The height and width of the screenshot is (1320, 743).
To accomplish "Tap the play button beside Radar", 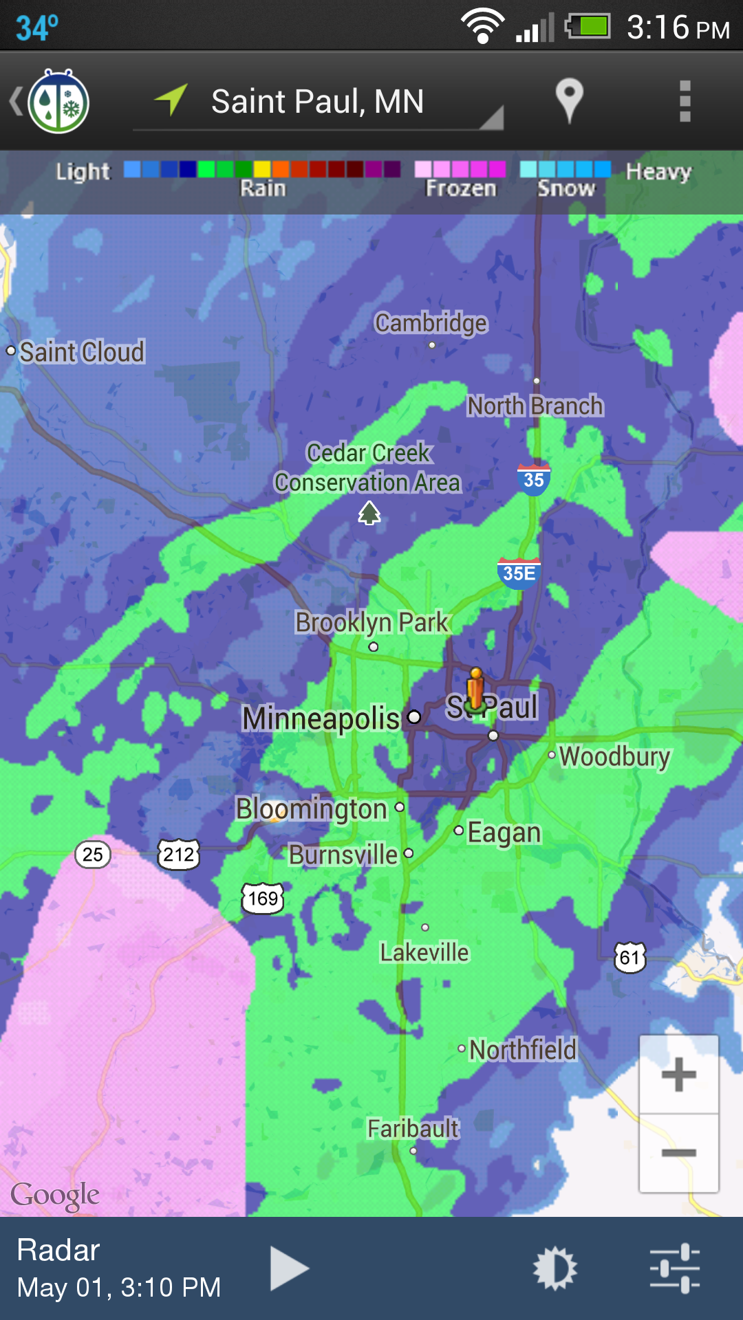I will coord(289,1268).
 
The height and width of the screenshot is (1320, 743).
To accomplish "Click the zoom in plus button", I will coord(679,1075).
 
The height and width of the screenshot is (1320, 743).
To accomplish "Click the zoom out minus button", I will coord(679,1153).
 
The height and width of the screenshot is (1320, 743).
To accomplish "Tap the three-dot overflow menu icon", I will coord(685,101).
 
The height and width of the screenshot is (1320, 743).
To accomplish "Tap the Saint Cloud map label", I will coord(82,352).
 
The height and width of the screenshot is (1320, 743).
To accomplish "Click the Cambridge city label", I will coord(431,323).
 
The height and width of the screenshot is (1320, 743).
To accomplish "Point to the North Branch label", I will coord(535,406).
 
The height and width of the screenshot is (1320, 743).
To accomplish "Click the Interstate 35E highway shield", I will coord(519,573).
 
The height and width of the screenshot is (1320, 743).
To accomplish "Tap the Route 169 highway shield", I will coord(263,898).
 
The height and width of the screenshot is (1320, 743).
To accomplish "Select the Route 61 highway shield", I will coord(630,957).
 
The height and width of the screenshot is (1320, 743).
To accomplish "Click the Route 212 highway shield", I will coord(179,855).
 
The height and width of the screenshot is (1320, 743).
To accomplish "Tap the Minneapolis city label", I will coord(321,718).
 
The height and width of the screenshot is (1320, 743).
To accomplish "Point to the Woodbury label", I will coord(614,756).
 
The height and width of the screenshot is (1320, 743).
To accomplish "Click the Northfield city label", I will coord(523,1050).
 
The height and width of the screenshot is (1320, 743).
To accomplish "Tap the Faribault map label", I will coord(413,1129).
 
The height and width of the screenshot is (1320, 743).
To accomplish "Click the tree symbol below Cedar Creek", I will coord(369,513).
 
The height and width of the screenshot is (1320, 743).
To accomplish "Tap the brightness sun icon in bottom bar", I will coord(554,1268).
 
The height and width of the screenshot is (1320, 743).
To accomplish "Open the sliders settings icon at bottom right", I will coord(675,1268).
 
